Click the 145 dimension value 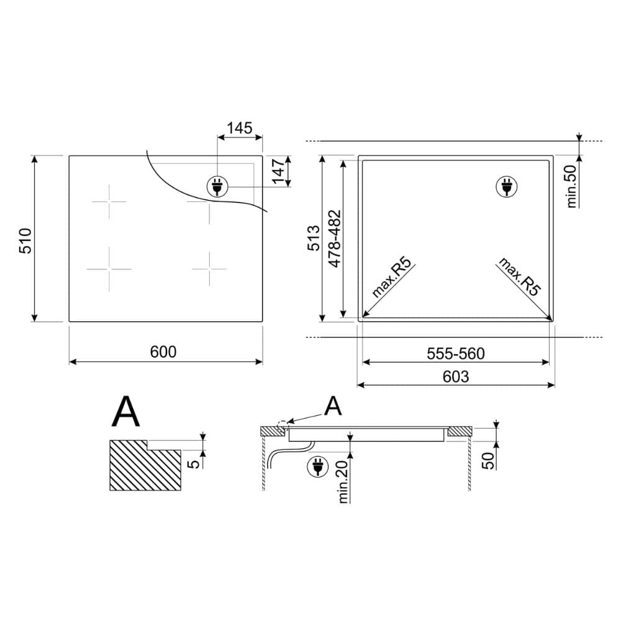(240, 128)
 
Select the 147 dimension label (279, 171)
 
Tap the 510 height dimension (25, 240)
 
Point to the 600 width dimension (163, 351)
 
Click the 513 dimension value (314, 238)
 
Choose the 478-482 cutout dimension (335, 238)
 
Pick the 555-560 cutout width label (455, 354)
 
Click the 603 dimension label (455, 377)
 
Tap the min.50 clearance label (572, 186)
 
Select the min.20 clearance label (343, 482)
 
